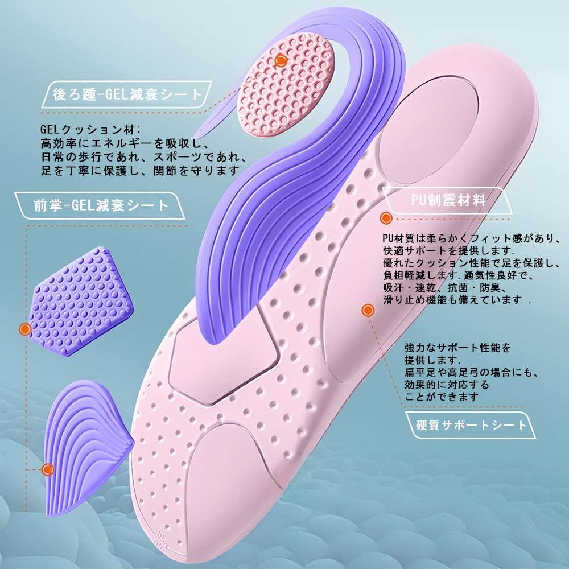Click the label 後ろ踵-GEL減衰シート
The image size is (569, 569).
127,94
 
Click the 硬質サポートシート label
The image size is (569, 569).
471,425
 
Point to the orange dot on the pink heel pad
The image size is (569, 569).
281,60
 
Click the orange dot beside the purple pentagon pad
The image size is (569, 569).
25,329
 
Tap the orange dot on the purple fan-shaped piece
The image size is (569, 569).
48,469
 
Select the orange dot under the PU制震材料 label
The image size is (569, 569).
386,218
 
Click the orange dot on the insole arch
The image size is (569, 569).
368,310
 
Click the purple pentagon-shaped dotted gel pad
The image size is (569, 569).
81,302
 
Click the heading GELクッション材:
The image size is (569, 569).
90,129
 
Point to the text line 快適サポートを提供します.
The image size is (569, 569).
448,250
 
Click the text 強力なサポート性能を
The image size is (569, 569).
457,347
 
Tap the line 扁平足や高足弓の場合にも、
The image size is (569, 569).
472,372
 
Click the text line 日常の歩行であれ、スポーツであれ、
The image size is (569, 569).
144,157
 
